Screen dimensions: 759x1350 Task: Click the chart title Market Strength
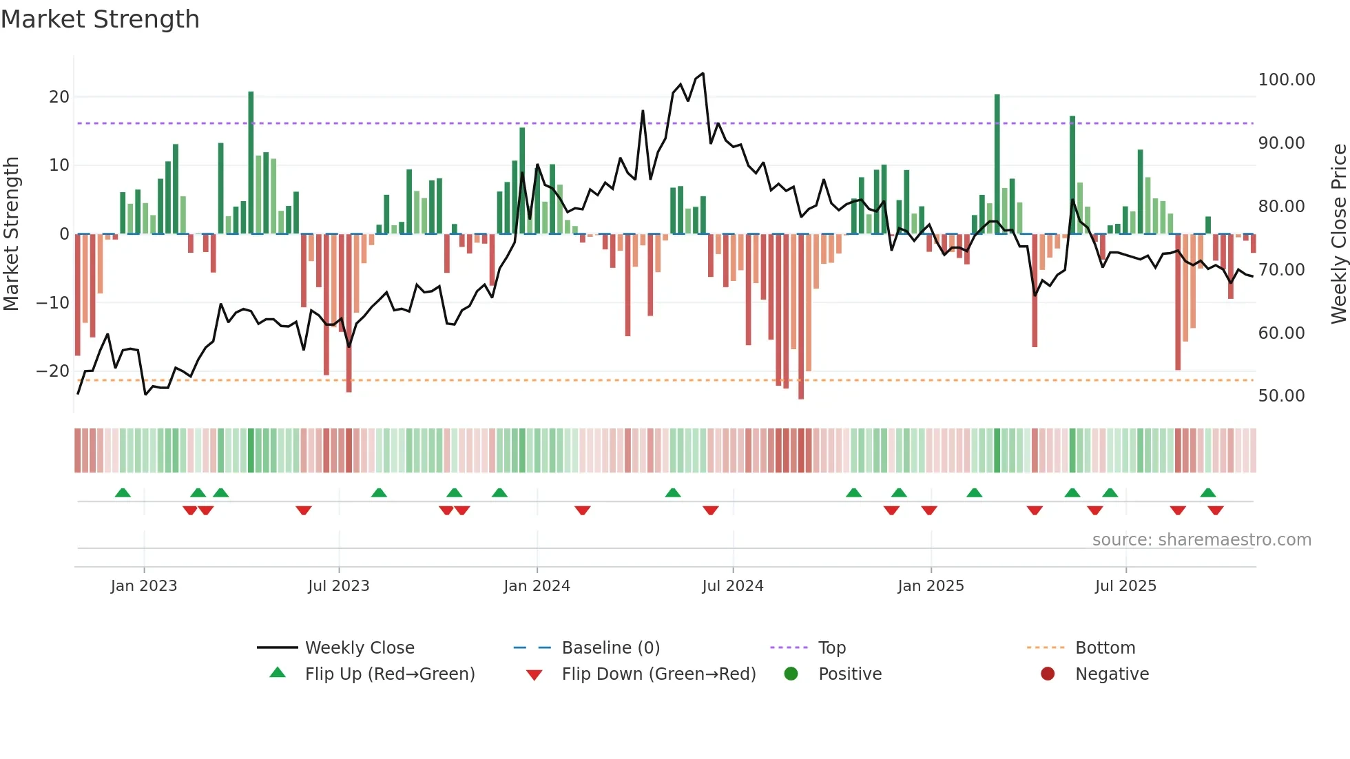(x=100, y=19)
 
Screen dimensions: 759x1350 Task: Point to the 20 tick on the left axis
(x=59, y=97)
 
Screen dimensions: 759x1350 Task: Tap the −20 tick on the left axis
(x=53, y=371)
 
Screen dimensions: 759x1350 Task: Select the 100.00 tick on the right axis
(x=1286, y=80)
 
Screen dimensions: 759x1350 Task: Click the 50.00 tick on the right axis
(x=1281, y=396)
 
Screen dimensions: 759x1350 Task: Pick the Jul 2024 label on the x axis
(x=732, y=586)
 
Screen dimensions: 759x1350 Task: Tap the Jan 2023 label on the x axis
(x=143, y=586)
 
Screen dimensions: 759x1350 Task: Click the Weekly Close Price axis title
(x=1338, y=233)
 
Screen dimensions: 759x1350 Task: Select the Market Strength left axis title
(x=11, y=233)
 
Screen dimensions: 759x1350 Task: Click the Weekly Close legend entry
(x=359, y=648)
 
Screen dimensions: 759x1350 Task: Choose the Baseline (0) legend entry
(x=610, y=648)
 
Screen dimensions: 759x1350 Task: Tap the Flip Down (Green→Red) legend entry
(x=658, y=674)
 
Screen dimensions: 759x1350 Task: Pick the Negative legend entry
(x=1111, y=674)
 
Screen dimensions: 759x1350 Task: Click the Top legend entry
(x=831, y=648)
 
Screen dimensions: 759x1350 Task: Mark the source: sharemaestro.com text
(x=1201, y=540)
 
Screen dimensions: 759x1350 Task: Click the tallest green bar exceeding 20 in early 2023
(x=251, y=162)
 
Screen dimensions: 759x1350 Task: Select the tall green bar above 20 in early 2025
(x=997, y=164)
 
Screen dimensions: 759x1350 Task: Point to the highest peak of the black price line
(x=703, y=73)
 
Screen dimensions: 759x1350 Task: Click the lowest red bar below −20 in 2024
(x=801, y=317)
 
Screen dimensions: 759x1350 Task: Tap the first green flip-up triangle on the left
(x=123, y=492)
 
